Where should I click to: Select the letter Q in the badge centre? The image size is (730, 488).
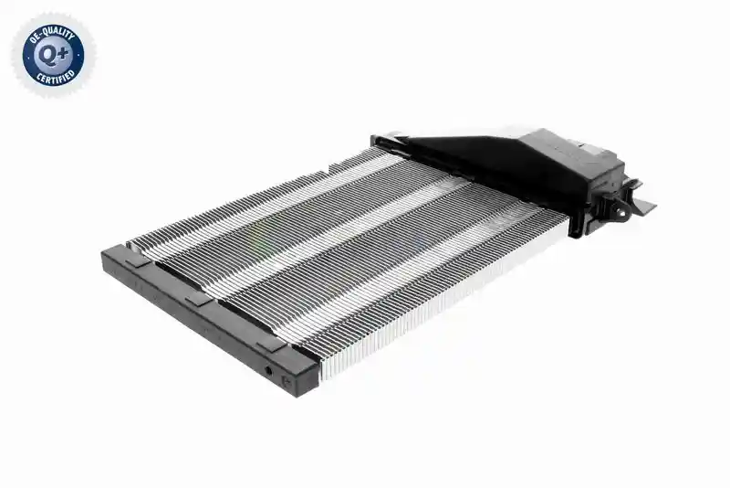48,56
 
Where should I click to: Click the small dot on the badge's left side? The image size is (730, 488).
27,57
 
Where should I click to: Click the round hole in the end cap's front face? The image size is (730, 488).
268,371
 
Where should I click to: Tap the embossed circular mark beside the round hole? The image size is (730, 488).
287,381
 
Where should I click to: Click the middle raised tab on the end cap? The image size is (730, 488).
199,300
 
